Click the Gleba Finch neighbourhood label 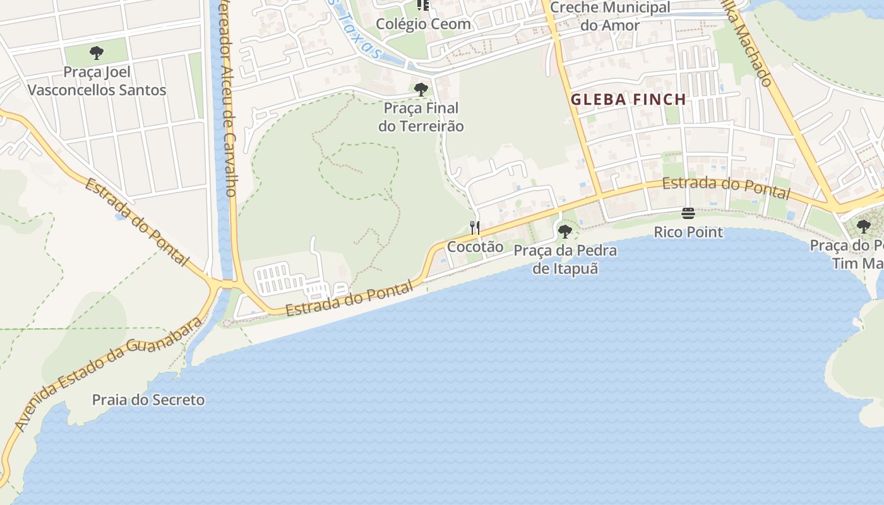click(x=628, y=99)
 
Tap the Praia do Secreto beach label click(x=148, y=400)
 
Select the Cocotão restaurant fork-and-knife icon click(x=475, y=227)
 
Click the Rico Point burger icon click(x=688, y=213)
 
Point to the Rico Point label click(x=688, y=232)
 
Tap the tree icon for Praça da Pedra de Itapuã click(x=565, y=232)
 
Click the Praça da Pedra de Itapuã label click(x=565, y=259)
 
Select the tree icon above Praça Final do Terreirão click(x=421, y=90)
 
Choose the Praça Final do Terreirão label click(x=421, y=117)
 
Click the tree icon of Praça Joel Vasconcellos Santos click(x=97, y=53)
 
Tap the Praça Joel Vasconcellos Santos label click(x=97, y=81)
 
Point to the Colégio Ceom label click(x=424, y=24)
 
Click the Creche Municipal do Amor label click(x=610, y=16)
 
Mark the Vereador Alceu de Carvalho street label click(x=225, y=101)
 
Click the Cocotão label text click(x=475, y=247)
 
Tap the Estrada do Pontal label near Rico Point click(x=726, y=187)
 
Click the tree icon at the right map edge click(x=864, y=227)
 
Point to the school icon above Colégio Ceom click(x=423, y=5)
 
